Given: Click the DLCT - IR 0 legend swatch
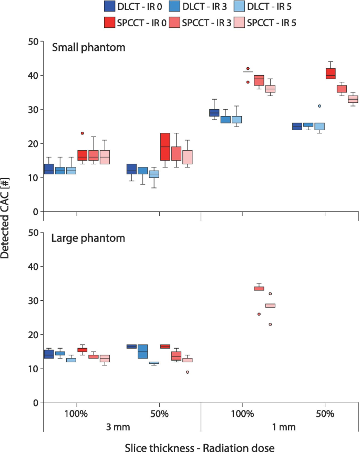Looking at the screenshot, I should [110, 7].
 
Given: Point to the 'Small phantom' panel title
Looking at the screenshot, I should [88, 48].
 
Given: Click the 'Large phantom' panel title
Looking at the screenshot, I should [88, 238].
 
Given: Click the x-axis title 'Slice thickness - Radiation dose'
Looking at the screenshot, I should [201, 446].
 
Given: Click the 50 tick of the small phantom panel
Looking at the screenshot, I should [32, 41].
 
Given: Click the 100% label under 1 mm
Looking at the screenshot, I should [242, 414].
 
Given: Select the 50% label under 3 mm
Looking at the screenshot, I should [160, 414].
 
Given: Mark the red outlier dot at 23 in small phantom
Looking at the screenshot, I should [82, 133].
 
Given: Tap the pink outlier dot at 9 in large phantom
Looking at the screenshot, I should [187, 372].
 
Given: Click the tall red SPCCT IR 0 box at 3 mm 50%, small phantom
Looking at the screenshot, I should [165, 146].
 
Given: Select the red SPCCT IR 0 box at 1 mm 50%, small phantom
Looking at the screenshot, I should [331, 73].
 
